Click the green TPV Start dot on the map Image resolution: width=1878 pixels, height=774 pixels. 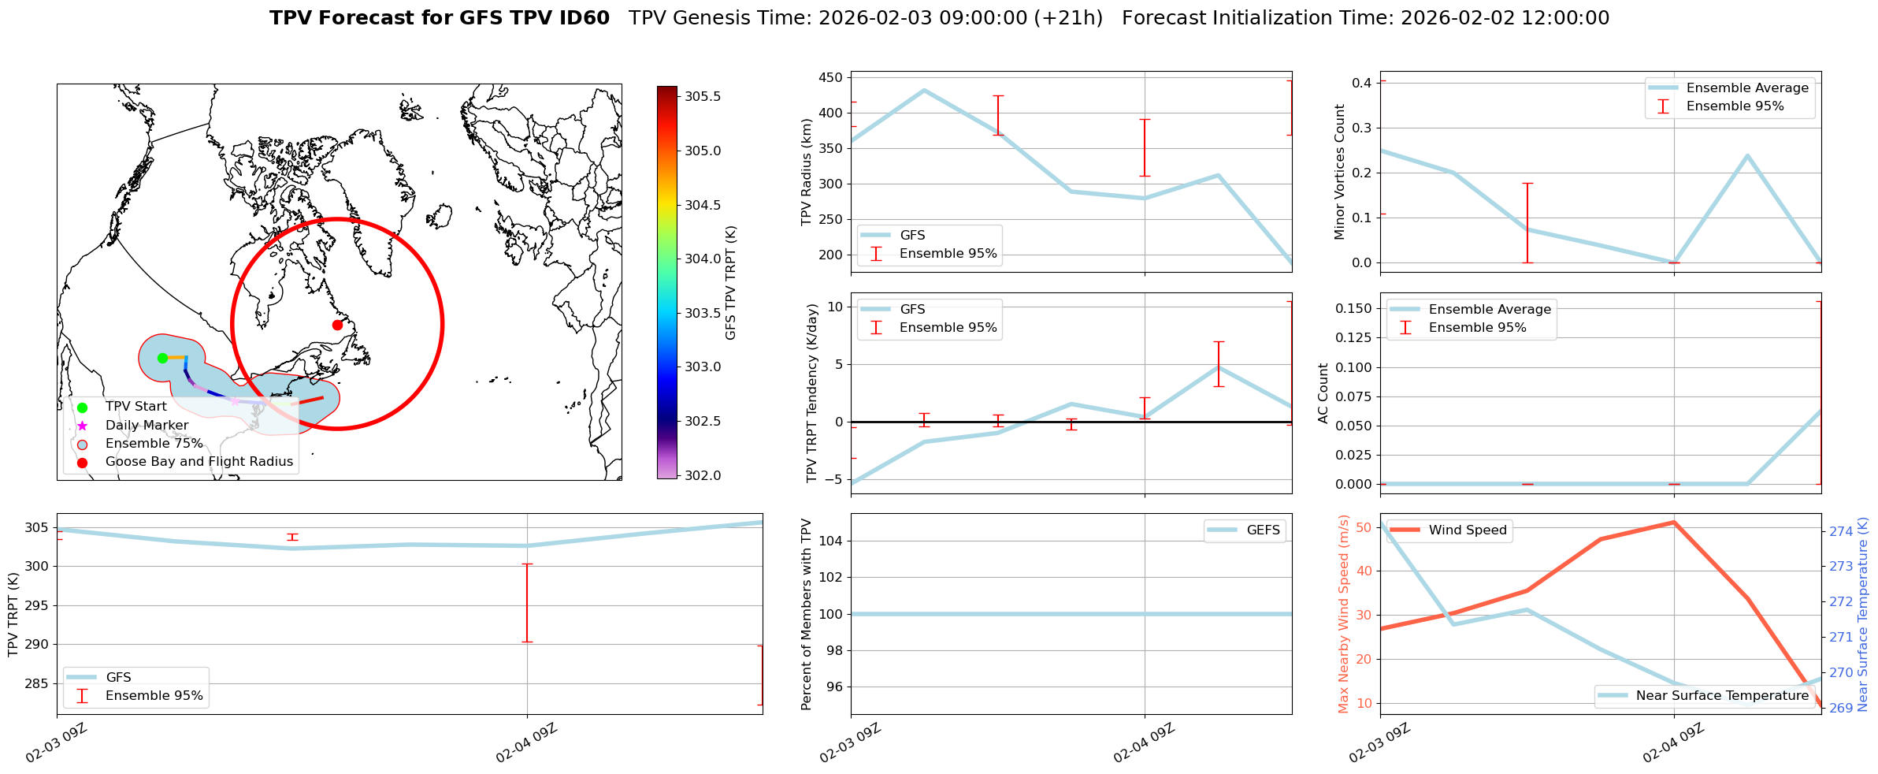pyautogui.click(x=162, y=358)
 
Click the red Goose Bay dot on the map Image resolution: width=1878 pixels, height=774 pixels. pyautogui.click(x=337, y=325)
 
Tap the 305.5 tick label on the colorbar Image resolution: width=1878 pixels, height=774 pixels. pyautogui.click(x=703, y=97)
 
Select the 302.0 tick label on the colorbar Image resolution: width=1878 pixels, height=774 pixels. pyautogui.click(x=703, y=475)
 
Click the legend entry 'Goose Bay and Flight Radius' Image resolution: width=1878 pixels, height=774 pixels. pyautogui.click(x=199, y=462)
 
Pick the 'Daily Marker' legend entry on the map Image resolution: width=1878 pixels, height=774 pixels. pyautogui.click(x=147, y=426)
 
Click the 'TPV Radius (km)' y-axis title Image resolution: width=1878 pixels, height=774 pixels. pyautogui.click(x=807, y=172)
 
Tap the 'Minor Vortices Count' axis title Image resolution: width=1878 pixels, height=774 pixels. pyautogui.click(x=1340, y=172)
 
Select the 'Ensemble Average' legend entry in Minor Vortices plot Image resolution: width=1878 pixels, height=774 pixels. pyautogui.click(x=1747, y=88)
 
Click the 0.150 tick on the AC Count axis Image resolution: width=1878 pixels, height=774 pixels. pyautogui.click(x=1355, y=308)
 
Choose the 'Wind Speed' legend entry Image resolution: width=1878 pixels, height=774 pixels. pyautogui.click(x=1468, y=530)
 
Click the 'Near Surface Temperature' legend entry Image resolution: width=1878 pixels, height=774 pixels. pyautogui.click(x=1722, y=696)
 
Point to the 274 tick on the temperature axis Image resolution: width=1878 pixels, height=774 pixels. pyautogui.click(x=1841, y=531)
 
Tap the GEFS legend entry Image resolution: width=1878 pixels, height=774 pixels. pyautogui.click(x=1263, y=530)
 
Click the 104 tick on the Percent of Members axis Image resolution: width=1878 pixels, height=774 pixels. pyautogui.click(x=832, y=541)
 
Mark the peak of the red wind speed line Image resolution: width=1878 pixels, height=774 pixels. pyautogui.click(x=1674, y=522)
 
